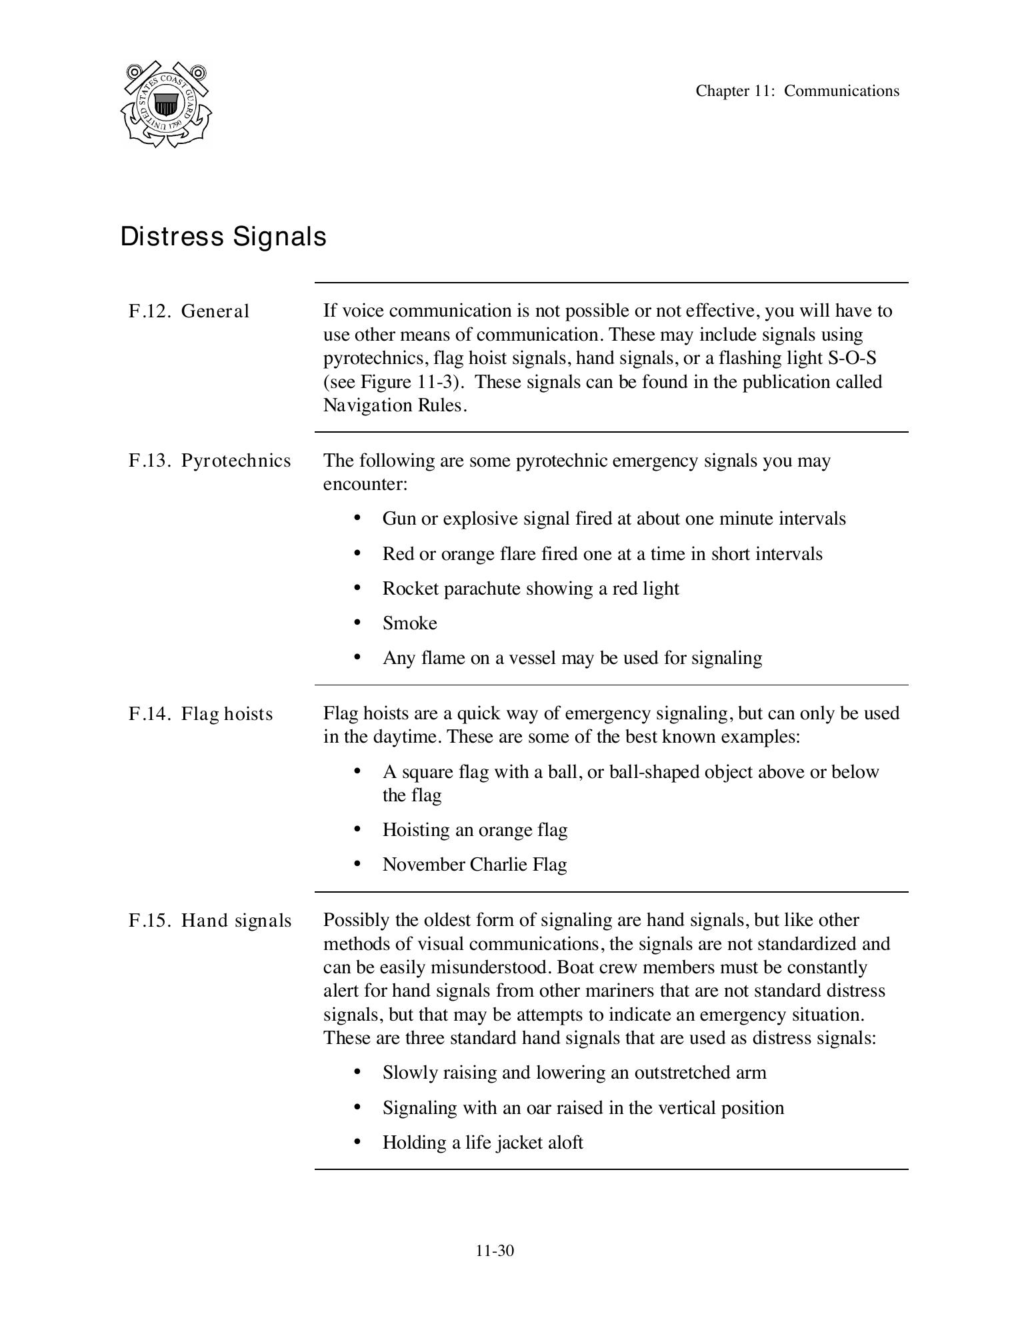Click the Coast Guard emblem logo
pyautogui.click(x=166, y=104)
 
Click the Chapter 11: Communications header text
pyautogui.click(x=797, y=91)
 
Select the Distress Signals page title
pyautogui.click(x=223, y=237)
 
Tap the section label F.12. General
pyautogui.click(x=189, y=311)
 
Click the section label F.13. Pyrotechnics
pyautogui.click(x=209, y=461)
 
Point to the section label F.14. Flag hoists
pyautogui.click(x=201, y=714)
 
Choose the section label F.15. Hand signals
pyautogui.click(x=209, y=921)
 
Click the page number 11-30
pyautogui.click(x=495, y=1251)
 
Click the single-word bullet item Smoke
pyautogui.click(x=409, y=623)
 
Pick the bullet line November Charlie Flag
pyautogui.click(x=474, y=865)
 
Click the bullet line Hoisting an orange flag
pyautogui.click(x=475, y=830)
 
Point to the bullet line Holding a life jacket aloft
pyautogui.click(x=483, y=1143)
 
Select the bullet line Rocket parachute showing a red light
pyautogui.click(x=530, y=589)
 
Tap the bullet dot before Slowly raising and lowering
pyautogui.click(x=357, y=1072)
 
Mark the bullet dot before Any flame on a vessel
pyautogui.click(x=357, y=657)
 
